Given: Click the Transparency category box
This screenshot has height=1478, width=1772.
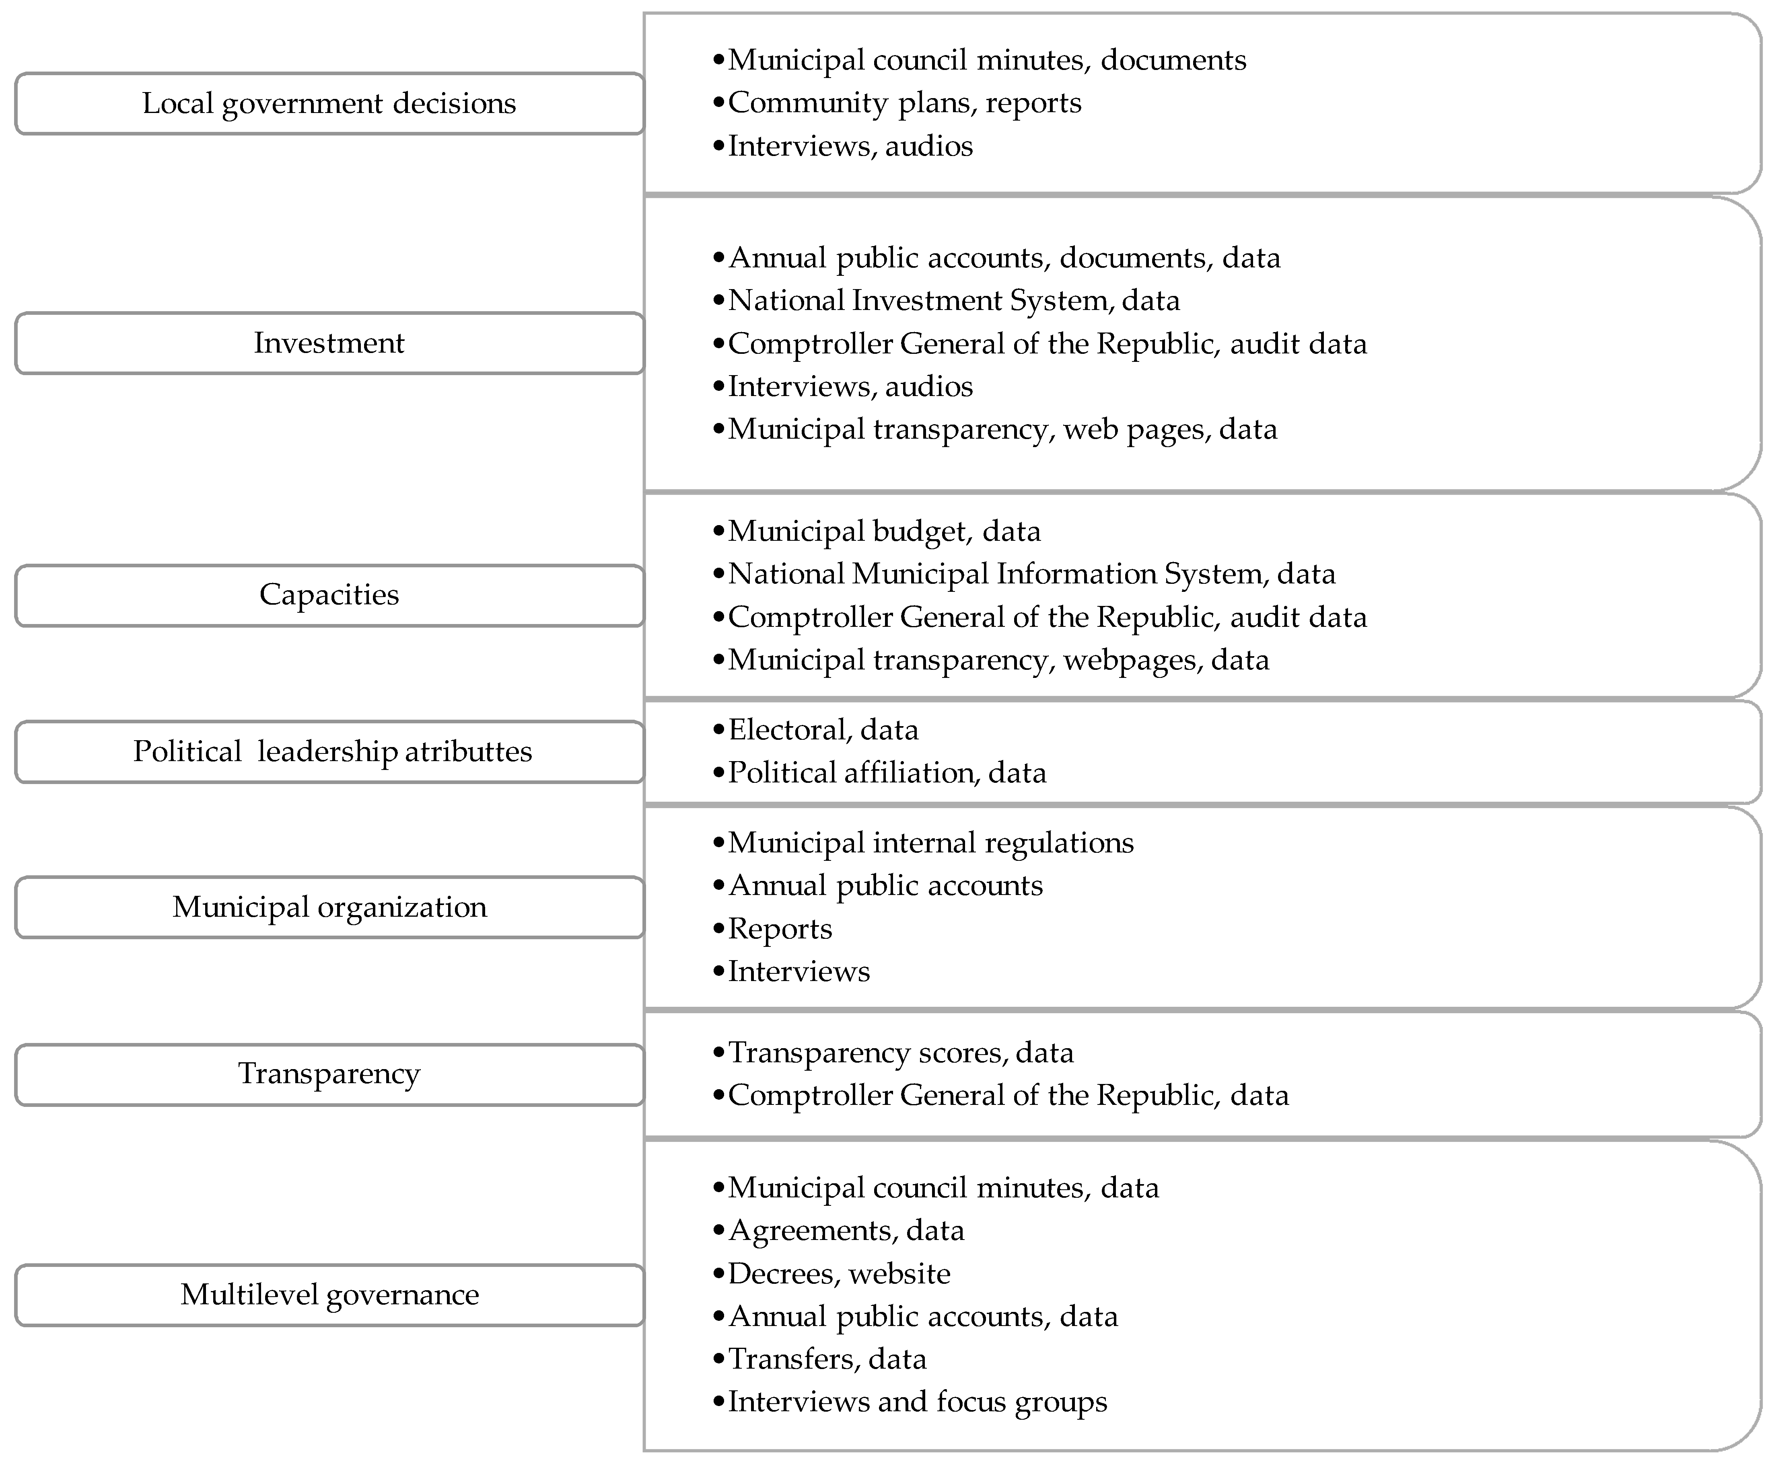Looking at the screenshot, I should coord(329,1074).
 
